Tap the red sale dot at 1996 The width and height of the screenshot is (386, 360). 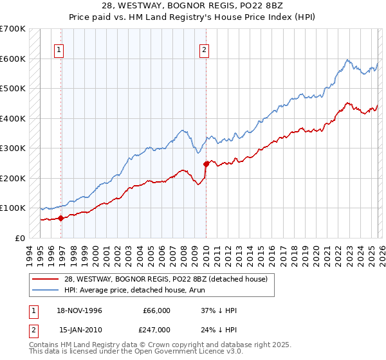[x=61, y=218]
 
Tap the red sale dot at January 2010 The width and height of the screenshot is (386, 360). [x=207, y=164]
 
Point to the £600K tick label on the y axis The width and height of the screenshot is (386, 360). [x=12, y=59]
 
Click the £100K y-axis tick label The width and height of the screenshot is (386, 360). [x=12, y=208]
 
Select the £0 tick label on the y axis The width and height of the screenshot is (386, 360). [x=19, y=238]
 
